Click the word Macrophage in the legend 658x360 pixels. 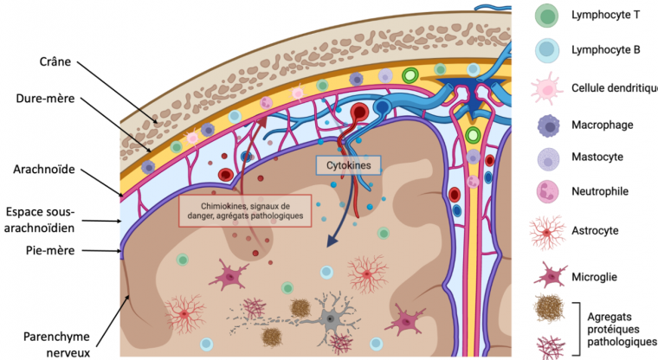click(603, 125)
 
